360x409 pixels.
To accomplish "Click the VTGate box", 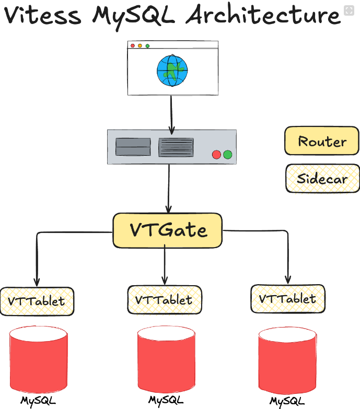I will [x=168, y=230].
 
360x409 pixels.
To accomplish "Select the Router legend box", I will [x=322, y=141].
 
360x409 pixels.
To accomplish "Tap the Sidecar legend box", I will [x=322, y=179].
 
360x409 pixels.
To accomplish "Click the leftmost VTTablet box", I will [x=37, y=301].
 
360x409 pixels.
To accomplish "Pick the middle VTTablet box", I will [x=164, y=300].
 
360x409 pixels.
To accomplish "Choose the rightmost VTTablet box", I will [x=287, y=299].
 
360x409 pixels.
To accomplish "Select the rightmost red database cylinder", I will [x=287, y=361].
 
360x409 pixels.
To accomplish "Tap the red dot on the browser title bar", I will [x=133, y=46].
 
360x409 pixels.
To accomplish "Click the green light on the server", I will [x=227, y=155].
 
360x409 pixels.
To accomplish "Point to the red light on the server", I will [x=216, y=155].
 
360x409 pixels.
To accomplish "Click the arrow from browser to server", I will [x=171, y=113].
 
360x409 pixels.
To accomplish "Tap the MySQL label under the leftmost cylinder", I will [x=38, y=401].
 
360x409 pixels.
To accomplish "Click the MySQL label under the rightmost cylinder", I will [x=287, y=401].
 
